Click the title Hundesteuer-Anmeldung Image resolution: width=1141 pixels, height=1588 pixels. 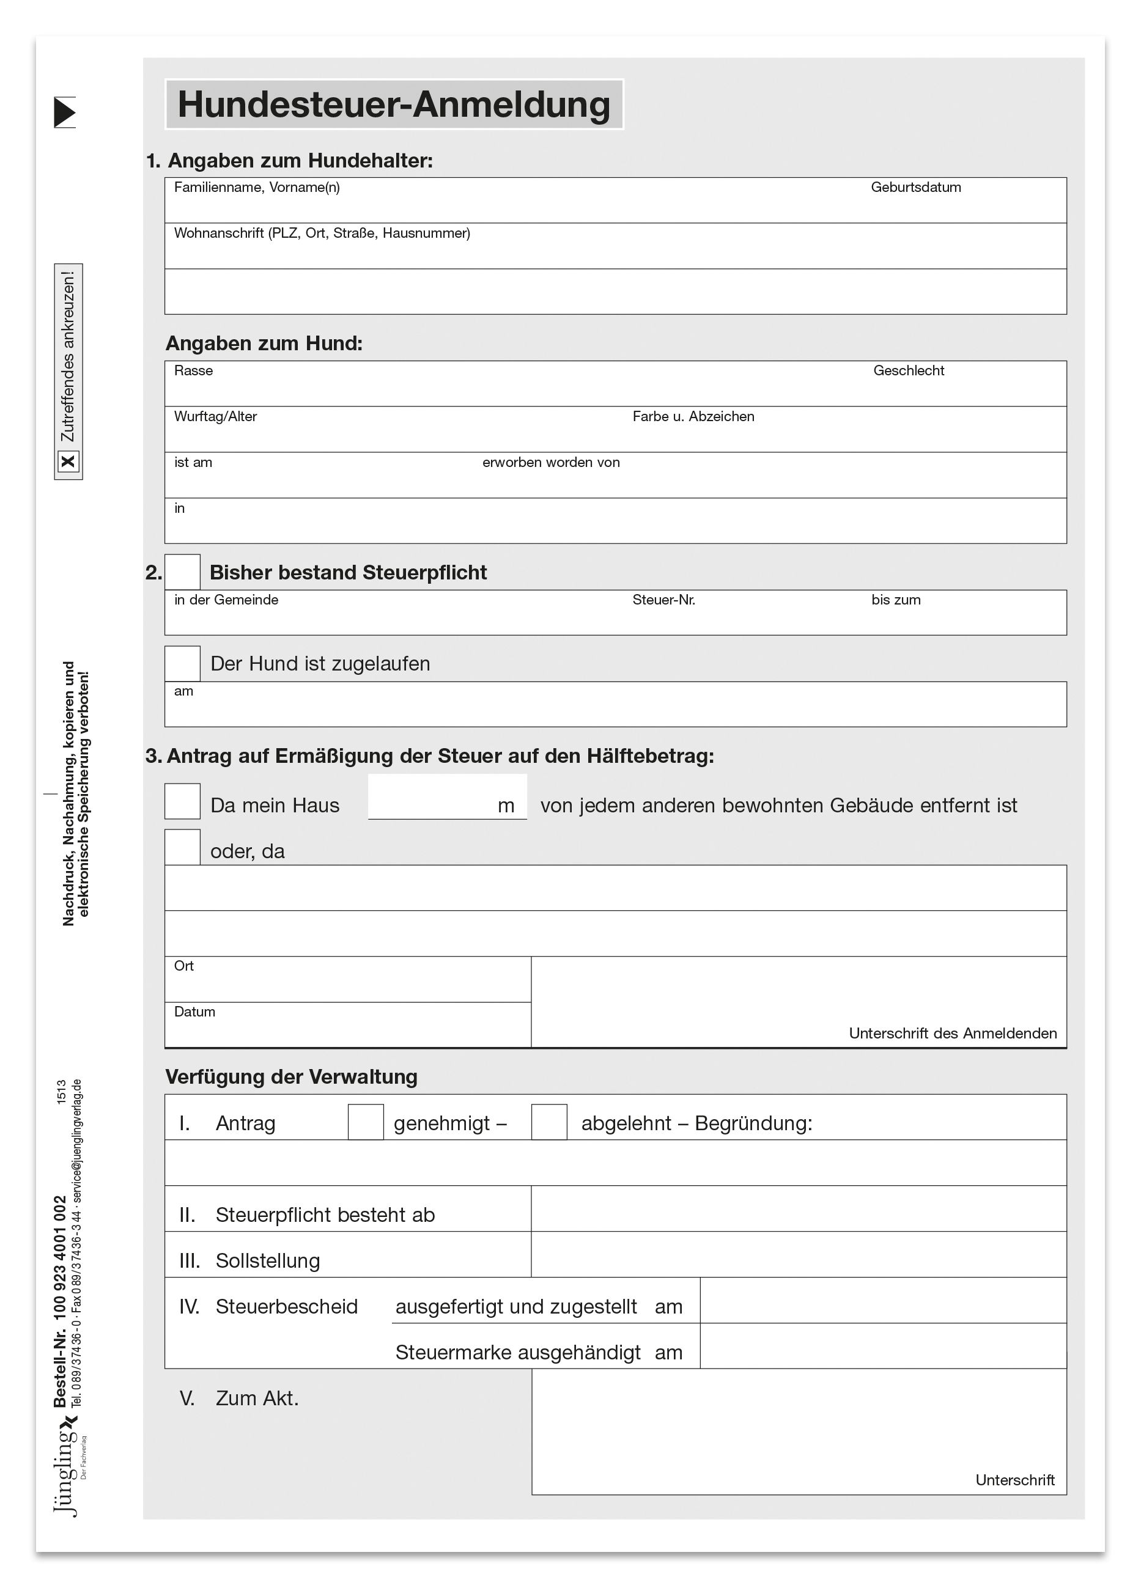pyautogui.click(x=394, y=105)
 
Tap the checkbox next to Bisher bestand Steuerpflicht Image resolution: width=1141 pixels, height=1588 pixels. pyautogui.click(x=182, y=572)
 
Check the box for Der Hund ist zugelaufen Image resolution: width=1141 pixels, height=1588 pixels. pyautogui.click(x=182, y=663)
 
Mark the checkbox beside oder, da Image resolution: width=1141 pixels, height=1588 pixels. pyautogui.click(x=182, y=847)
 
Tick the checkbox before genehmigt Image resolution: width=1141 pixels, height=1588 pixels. pyautogui.click(x=366, y=1122)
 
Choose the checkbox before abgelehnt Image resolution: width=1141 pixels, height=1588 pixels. pyautogui.click(x=549, y=1122)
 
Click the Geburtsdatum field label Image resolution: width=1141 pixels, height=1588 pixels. pyautogui.click(x=915, y=187)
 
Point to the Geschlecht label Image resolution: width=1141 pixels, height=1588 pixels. pyautogui.click(x=909, y=370)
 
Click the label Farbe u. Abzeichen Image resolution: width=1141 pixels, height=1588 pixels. pyautogui.click(x=693, y=417)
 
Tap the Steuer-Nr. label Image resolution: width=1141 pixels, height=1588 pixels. pyautogui.click(x=663, y=600)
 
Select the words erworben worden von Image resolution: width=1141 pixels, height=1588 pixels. pyautogui.click(x=550, y=462)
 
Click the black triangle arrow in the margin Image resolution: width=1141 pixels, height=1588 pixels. pyautogui.click(x=64, y=112)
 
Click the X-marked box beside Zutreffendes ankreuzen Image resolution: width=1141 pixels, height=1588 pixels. pyautogui.click(x=68, y=461)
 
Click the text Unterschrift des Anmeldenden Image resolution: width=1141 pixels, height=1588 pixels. pyautogui.click(x=952, y=1034)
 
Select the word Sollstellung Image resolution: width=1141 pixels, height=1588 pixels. pyautogui.click(x=268, y=1260)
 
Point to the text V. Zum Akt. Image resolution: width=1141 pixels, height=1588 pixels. pyautogui.click(x=239, y=1399)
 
